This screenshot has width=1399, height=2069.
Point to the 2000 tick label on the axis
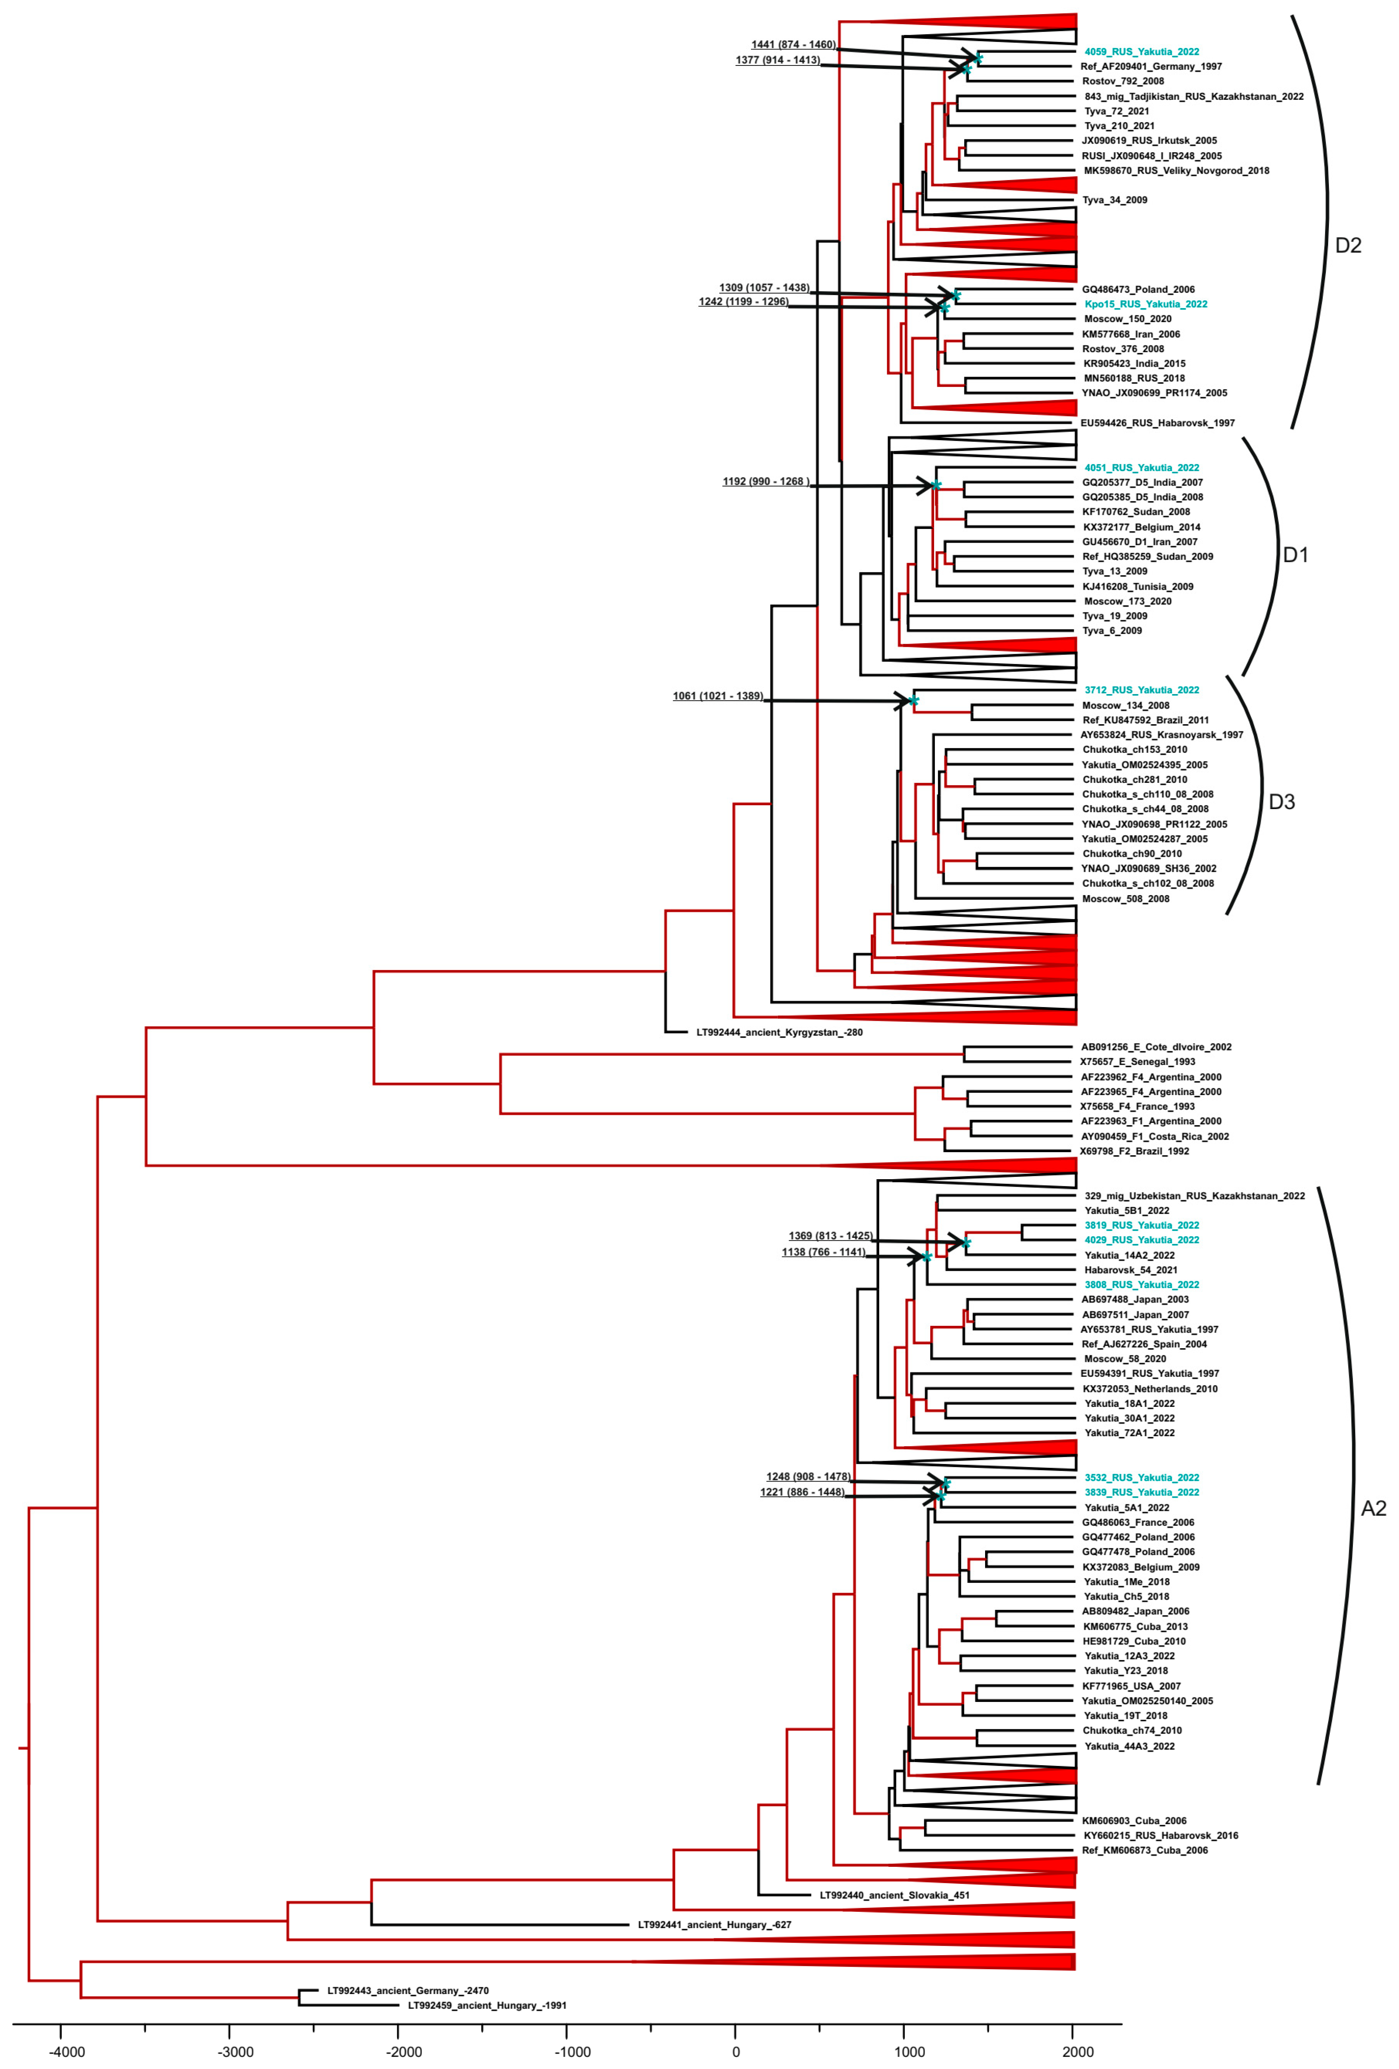pyautogui.click(x=1078, y=2052)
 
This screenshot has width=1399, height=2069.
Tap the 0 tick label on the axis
pyautogui.click(x=736, y=2052)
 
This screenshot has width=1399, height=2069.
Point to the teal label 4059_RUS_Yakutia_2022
pyautogui.click(x=1142, y=52)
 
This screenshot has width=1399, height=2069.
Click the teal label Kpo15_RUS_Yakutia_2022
pyautogui.click(x=1145, y=303)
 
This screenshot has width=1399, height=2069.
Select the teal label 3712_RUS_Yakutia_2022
pyautogui.click(x=1142, y=690)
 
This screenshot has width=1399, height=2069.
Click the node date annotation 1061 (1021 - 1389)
pyautogui.click(x=718, y=696)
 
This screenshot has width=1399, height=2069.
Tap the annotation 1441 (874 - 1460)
pyautogui.click(x=794, y=45)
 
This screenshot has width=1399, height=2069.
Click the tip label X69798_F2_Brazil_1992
pyautogui.click(x=1134, y=1151)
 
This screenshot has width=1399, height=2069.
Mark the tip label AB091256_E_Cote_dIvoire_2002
pyautogui.click(x=1156, y=1047)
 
